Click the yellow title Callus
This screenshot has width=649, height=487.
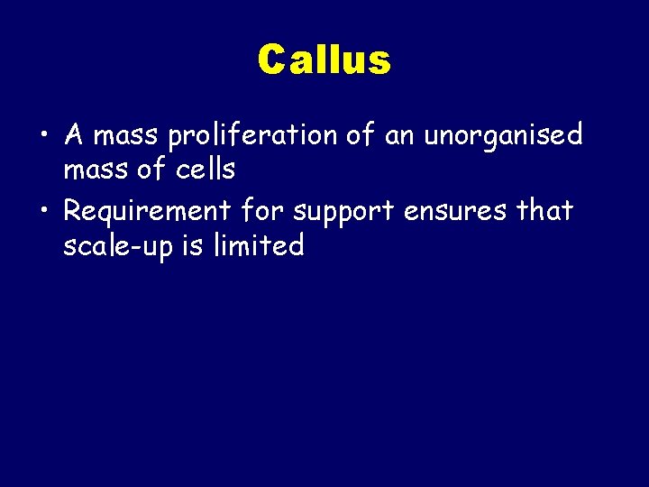click(x=324, y=60)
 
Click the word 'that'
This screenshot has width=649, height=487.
click(x=544, y=211)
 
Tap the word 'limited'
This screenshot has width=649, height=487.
click(x=261, y=244)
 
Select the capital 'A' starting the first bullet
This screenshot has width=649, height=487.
click(x=74, y=136)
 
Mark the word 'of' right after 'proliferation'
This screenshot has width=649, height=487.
click(x=360, y=136)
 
